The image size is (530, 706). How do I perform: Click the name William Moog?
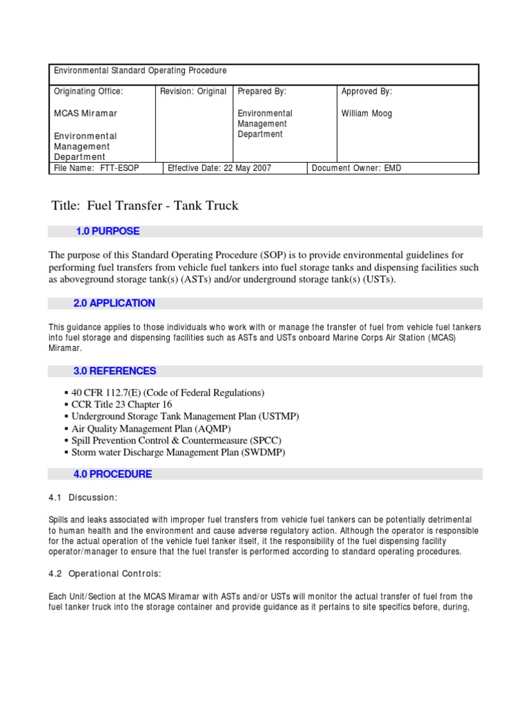[366, 113]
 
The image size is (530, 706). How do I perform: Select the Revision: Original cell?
[193, 91]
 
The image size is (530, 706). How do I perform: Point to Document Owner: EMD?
[356, 168]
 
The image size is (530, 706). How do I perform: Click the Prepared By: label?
[262, 91]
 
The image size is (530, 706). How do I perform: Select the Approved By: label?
[366, 91]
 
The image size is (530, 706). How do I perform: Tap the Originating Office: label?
[88, 91]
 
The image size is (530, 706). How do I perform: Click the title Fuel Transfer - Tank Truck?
[145, 205]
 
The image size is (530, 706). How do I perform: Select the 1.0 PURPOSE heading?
[108, 231]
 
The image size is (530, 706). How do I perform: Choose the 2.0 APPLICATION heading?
[114, 303]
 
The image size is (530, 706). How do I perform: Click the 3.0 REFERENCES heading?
[115, 371]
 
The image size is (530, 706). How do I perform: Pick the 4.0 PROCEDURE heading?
[112, 474]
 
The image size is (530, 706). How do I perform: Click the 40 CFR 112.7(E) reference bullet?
[168, 392]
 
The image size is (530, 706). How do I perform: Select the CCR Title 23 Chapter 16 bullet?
[121, 404]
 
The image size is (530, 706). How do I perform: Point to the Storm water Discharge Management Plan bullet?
[178, 452]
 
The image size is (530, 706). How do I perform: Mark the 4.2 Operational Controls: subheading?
[106, 574]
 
